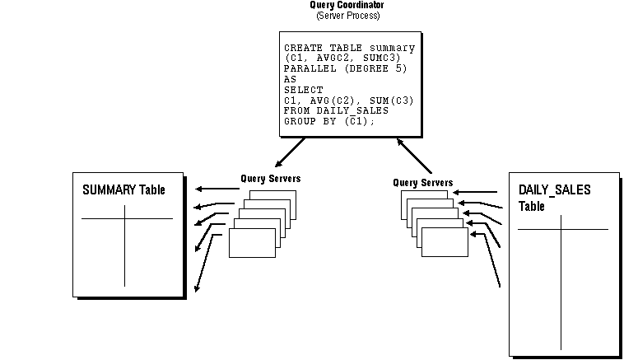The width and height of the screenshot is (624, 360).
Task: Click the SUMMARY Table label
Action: pyautogui.click(x=123, y=190)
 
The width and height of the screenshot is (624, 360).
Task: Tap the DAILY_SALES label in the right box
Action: pyautogui.click(x=554, y=190)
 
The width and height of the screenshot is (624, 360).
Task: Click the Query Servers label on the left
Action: pyautogui.click(x=271, y=178)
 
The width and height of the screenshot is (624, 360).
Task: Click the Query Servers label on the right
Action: pyautogui.click(x=422, y=182)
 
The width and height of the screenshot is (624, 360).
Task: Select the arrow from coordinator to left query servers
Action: pyautogui.click(x=291, y=152)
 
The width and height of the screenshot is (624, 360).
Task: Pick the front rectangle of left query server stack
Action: pyautogui.click(x=252, y=243)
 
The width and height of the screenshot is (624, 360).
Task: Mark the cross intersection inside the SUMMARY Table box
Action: pyautogui.click(x=125, y=218)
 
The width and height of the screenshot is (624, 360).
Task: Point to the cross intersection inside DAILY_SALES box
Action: pyautogui.click(x=561, y=229)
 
